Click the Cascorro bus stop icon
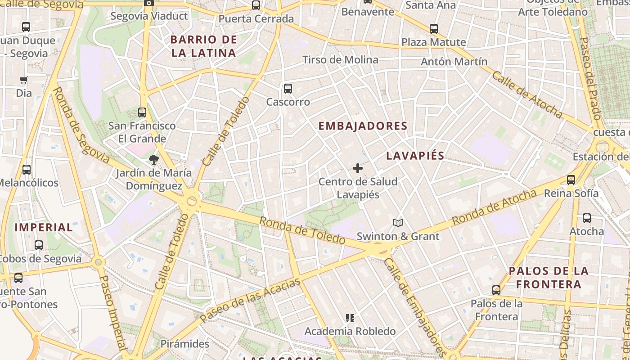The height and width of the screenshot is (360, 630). (288, 89)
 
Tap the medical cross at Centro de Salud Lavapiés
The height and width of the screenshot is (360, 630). (358, 168)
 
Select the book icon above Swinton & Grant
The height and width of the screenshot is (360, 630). (398, 222)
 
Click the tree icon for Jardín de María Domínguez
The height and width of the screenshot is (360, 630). (154, 159)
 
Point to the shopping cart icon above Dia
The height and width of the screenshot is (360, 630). (24, 80)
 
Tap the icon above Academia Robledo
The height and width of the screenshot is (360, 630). (350, 318)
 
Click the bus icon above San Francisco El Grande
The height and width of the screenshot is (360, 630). (142, 112)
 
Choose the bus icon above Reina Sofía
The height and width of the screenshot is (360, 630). (571, 180)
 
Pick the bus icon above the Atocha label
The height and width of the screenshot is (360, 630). (587, 218)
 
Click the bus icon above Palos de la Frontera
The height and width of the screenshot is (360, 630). (496, 290)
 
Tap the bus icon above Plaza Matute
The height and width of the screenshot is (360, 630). (434, 29)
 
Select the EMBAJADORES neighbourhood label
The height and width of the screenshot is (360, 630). (363, 126)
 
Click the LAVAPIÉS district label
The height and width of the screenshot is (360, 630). (415, 156)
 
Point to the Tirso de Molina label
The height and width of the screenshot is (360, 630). (340, 60)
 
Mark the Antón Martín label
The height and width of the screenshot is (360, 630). (454, 62)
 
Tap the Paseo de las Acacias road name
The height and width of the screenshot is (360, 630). (250, 300)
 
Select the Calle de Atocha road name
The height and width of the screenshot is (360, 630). (526, 94)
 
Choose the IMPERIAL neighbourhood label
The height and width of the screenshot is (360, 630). (44, 227)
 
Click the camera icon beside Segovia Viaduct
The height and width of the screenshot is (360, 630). (148, 3)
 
